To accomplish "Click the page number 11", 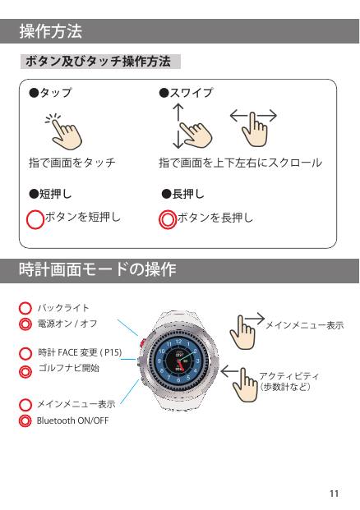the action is click(334, 494).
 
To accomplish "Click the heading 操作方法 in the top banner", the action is click(50, 31).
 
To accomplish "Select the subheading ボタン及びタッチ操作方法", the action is click(98, 61).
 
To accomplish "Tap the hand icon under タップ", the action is click(64, 131).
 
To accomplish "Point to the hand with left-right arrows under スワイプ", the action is click(254, 128).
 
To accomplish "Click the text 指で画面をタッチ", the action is click(72, 163).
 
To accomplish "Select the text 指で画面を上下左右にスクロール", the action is click(240, 163).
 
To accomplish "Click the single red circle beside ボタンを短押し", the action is click(35, 219).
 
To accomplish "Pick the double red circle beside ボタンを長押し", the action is click(168, 219).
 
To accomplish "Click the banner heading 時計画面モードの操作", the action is click(97, 269).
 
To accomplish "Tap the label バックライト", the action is click(63, 308).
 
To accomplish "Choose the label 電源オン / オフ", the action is click(67, 324).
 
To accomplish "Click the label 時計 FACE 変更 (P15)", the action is click(80, 352).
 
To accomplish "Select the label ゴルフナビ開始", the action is click(69, 368).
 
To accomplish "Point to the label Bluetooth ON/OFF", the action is click(72, 420).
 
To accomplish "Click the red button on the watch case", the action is click(142, 342).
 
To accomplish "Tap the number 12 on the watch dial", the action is click(178, 341).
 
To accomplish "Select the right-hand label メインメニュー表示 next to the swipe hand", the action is click(305, 325).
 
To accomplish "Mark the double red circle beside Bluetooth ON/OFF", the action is click(25, 420).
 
